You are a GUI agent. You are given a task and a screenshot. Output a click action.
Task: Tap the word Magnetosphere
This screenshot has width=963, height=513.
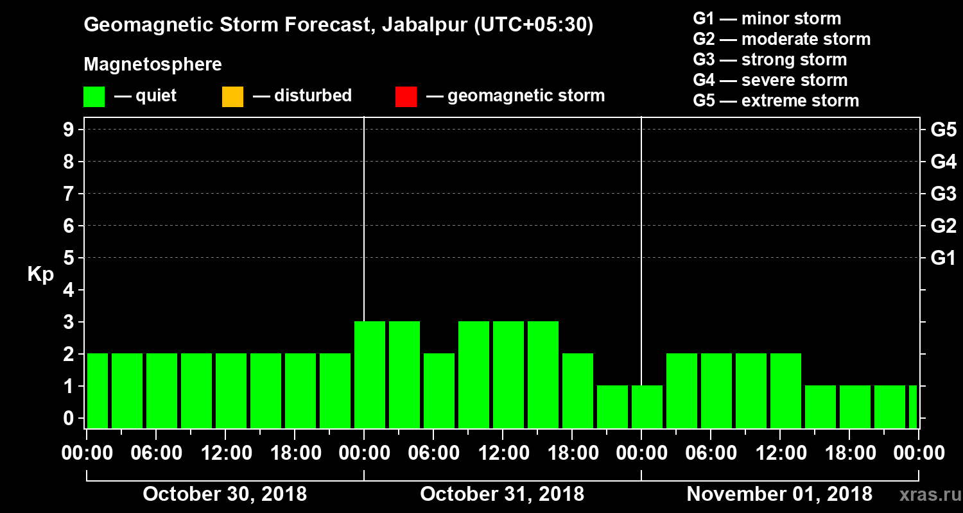pos(153,65)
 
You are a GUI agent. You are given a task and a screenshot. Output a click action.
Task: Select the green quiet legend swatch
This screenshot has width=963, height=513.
pos(94,97)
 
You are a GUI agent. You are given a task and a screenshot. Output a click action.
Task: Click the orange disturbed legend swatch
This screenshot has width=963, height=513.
pos(232,97)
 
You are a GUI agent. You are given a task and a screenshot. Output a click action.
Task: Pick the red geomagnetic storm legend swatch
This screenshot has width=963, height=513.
pos(406,97)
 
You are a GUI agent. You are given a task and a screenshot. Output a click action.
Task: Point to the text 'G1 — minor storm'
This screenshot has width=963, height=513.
pos(767,19)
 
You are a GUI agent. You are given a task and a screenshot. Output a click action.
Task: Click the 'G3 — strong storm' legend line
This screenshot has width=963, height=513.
pos(770,60)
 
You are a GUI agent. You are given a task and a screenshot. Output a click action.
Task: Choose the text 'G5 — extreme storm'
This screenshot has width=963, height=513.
pos(776,101)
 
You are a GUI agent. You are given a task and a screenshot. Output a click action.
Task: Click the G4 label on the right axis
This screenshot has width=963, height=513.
pos(943,162)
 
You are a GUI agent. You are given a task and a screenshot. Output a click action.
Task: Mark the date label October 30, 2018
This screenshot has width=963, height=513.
pos(225,494)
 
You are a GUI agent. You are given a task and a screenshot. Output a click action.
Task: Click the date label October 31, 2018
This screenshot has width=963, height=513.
pos(502,494)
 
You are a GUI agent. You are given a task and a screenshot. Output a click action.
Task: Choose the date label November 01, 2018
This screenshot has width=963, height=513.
pos(779,494)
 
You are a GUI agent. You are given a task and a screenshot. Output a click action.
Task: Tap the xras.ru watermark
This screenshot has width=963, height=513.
pos(925,495)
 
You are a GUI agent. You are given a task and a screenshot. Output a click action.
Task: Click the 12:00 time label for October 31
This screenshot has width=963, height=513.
pos(503,453)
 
